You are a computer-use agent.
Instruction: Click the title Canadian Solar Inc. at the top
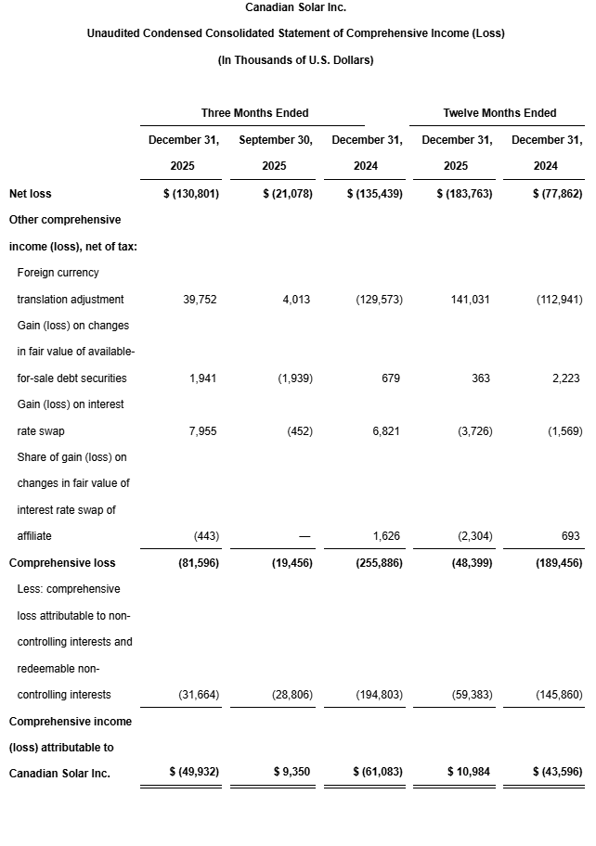[297, 7]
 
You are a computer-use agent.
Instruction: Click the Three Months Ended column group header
[254, 113]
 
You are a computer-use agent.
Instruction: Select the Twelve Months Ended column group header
[499, 113]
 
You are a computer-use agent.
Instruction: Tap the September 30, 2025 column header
[276, 153]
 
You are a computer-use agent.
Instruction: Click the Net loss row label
[31, 194]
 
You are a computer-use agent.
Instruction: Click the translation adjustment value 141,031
[471, 300]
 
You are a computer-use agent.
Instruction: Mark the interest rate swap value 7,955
[201, 431]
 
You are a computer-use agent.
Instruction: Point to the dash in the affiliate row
[304, 537]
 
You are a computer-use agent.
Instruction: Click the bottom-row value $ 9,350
[292, 773]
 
